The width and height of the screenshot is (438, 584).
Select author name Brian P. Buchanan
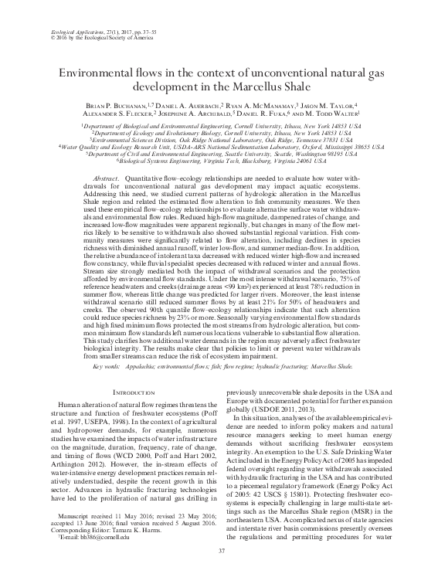click(117, 104)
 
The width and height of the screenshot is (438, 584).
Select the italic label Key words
click(108, 368)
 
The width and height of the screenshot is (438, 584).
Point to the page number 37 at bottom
click(219, 570)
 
